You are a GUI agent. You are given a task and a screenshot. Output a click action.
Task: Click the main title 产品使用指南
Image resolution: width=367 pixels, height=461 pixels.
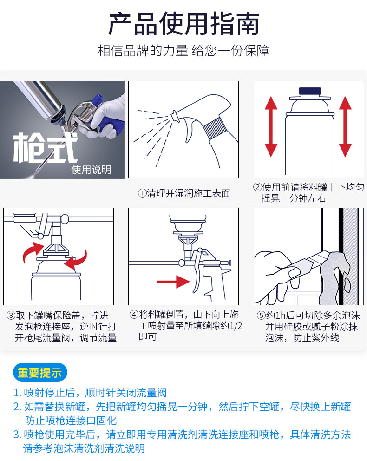click(183, 24)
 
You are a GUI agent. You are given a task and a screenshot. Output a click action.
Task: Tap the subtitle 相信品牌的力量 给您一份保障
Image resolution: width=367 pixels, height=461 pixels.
click(183, 51)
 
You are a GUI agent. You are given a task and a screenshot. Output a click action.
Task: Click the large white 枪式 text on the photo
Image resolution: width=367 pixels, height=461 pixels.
click(45, 148)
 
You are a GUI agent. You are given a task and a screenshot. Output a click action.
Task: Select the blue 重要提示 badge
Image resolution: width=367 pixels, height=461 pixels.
click(40, 373)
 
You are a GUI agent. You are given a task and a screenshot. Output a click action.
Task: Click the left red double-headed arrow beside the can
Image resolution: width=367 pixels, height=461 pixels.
click(271, 126)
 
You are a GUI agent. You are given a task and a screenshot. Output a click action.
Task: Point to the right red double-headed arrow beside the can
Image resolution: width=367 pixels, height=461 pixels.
click(345, 126)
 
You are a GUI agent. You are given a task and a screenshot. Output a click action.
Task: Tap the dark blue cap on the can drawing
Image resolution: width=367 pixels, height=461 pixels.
click(310, 91)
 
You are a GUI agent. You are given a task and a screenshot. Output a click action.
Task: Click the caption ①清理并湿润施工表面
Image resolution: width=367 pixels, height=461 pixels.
click(184, 193)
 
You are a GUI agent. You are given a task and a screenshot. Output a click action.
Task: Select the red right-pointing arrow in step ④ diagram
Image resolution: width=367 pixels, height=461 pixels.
click(173, 282)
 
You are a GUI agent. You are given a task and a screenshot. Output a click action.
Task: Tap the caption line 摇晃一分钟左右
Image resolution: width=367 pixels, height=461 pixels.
click(294, 198)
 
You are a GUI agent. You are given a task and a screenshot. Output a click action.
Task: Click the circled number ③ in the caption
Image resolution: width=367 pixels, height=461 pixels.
click(11, 316)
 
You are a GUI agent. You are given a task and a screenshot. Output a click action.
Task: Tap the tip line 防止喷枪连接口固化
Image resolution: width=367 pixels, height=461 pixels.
click(71, 421)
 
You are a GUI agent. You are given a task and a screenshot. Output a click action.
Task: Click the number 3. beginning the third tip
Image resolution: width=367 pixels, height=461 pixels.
click(17, 435)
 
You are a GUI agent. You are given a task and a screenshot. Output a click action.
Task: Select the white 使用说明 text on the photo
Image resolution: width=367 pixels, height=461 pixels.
click(91, 170)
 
